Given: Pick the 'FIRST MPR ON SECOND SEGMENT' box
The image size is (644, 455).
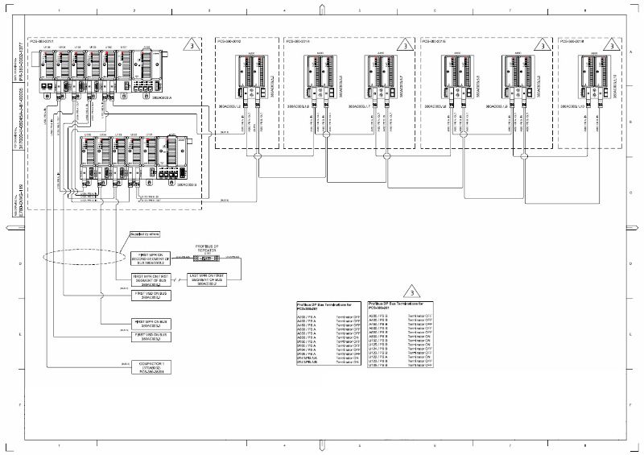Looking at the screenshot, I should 152,258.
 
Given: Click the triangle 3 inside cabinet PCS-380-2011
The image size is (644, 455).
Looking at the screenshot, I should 190,46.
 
